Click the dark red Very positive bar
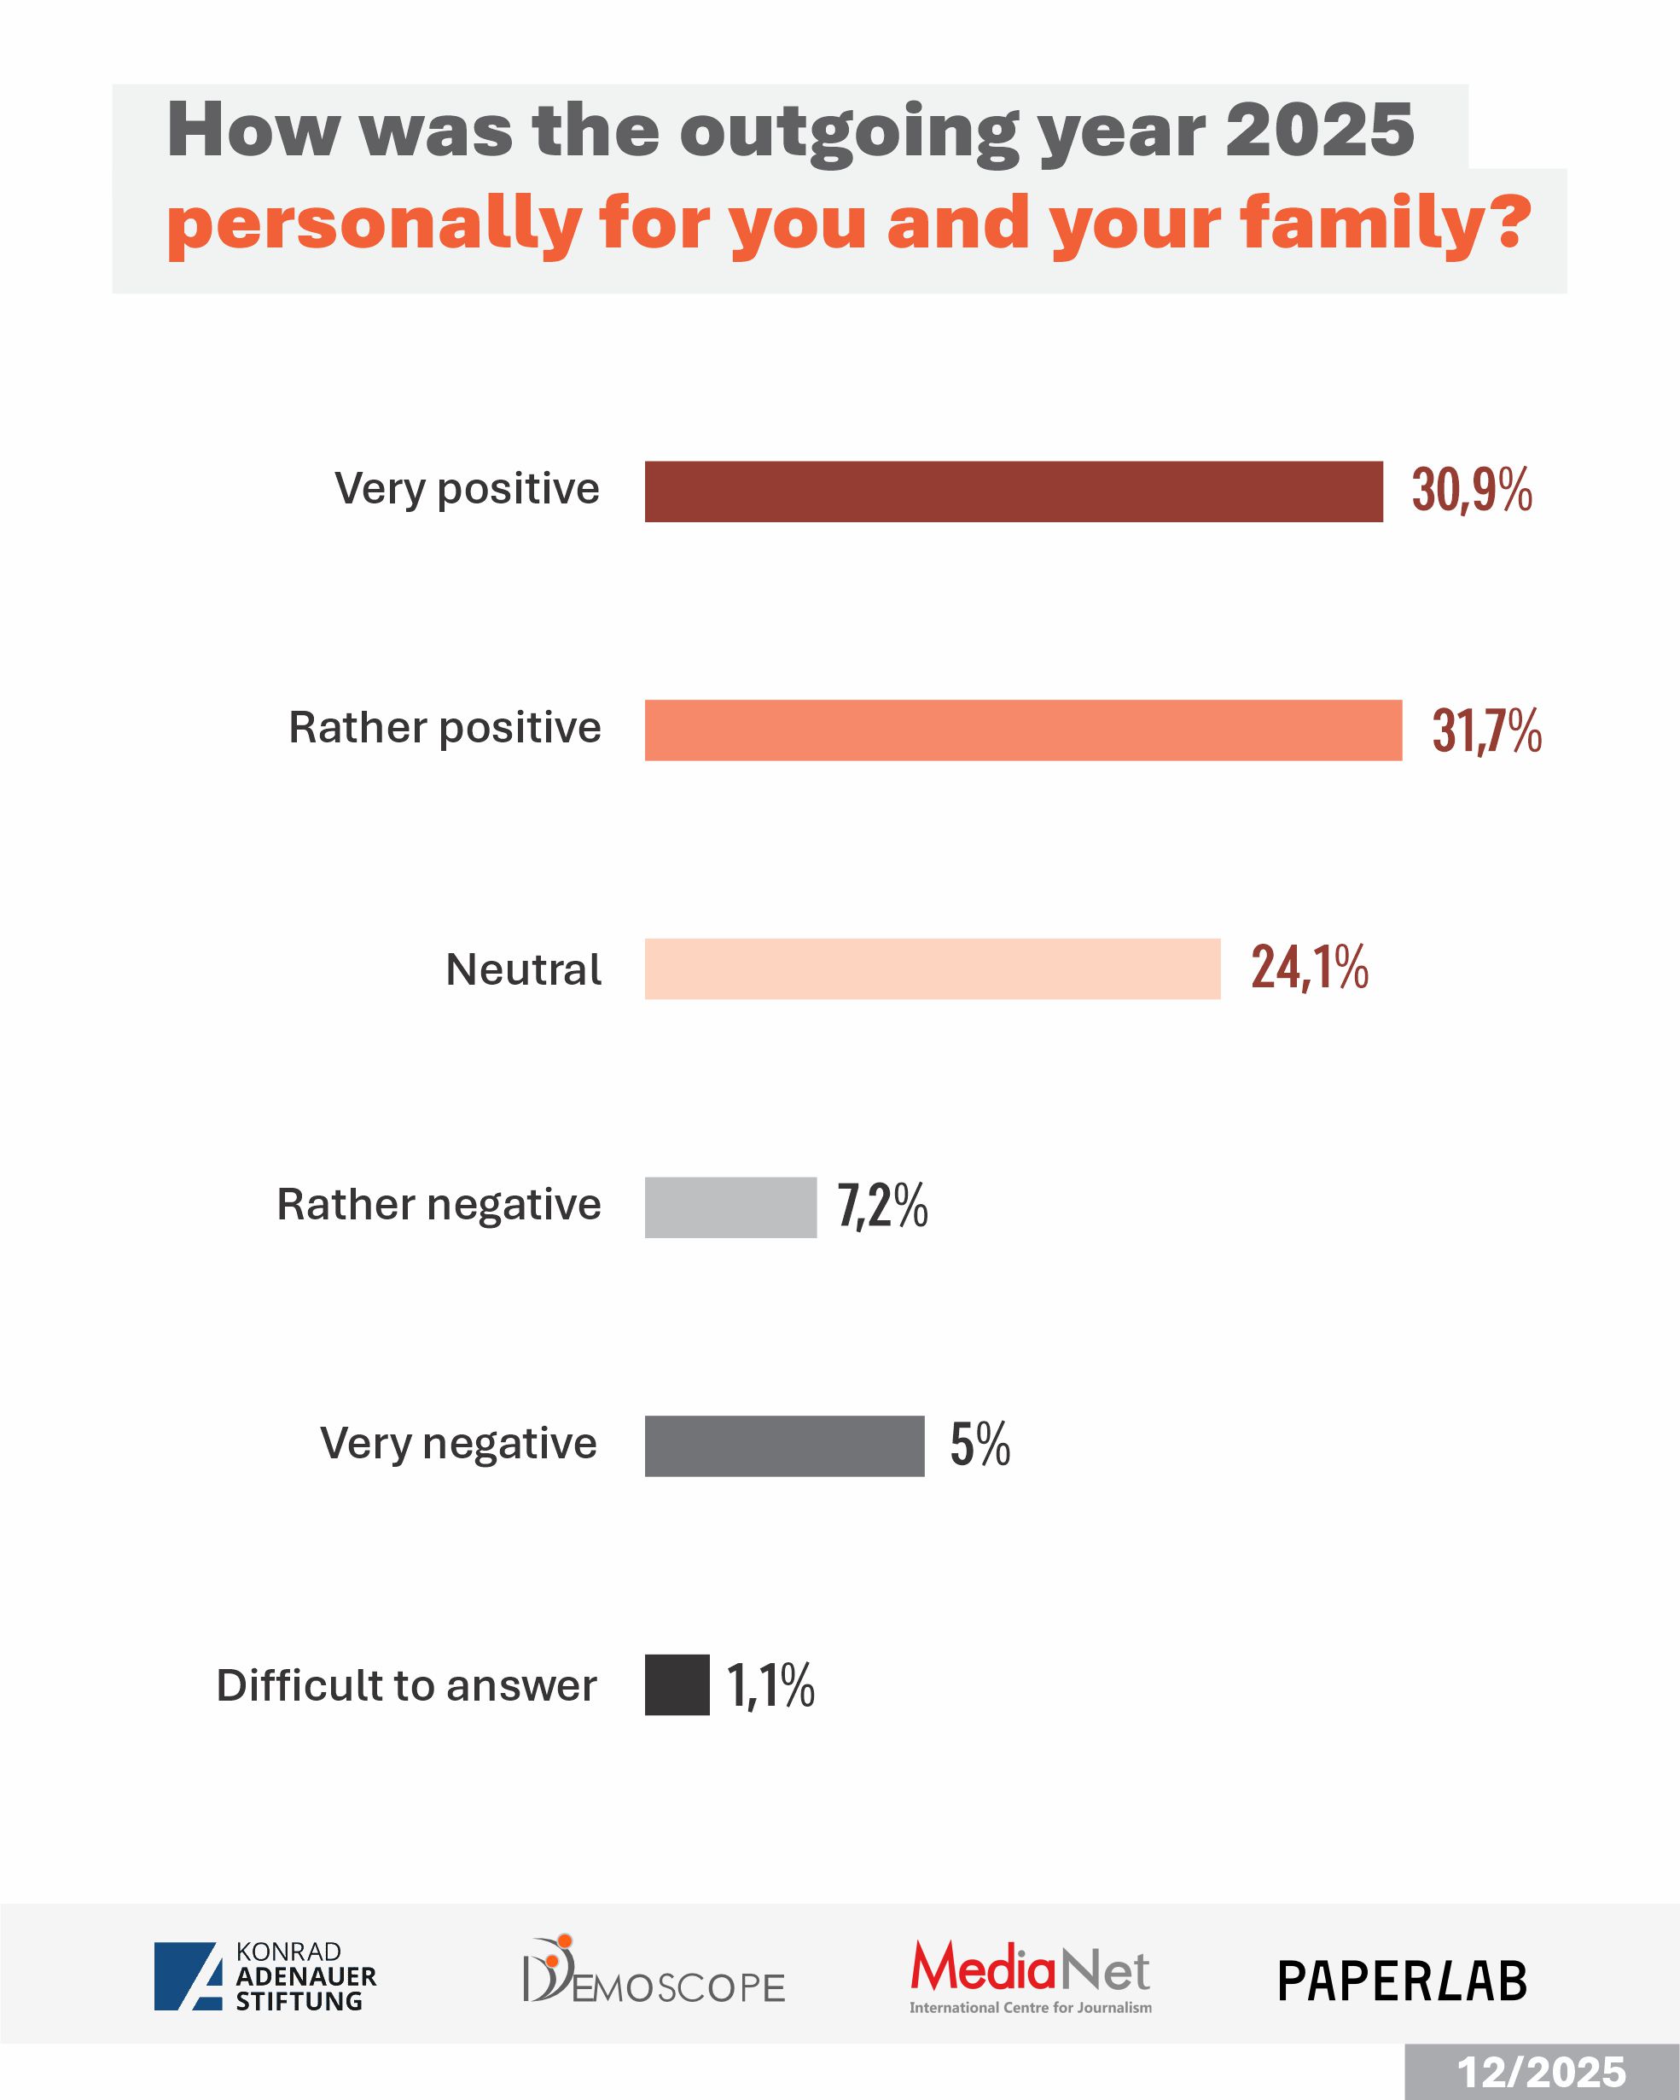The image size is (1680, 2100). click(x=1013, y=492)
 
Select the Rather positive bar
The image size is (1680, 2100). click(x=1023, y=730)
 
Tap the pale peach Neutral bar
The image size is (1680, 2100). click(x=932, y=969)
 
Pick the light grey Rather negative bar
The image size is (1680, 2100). click(x=730, y=1207)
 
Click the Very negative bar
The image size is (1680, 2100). click(x=784, y=1446)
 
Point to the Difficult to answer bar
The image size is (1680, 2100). click(x=677, y=1685)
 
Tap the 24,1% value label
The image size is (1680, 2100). click(x=1309, y=969)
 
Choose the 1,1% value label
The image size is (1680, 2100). click(x=770, y=1686)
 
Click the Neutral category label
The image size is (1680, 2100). click(x=523, y=970)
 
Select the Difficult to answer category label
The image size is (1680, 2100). click(x=406, y=1686)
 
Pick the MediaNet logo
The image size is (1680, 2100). click(x=1031, y=1976)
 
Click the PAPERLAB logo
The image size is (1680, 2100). click(x=1402, y=1981)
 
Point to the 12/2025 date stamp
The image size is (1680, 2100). click(x=1541, y=2072)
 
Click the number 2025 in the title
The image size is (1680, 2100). click(x=1320, y=131)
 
